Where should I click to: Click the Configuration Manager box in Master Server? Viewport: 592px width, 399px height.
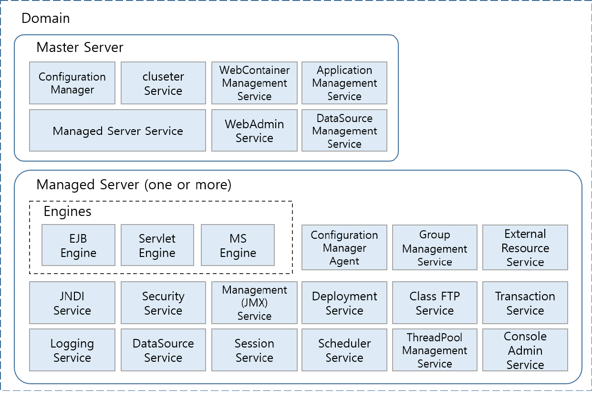[x=72, y=83]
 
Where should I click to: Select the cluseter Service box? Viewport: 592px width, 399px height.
[x=163, y=83]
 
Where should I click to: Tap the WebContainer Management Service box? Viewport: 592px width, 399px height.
[x=254, y=83]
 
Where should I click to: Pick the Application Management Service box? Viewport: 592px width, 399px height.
[x=344, y=83]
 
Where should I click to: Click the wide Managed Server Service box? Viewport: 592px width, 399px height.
[x=118, y=131]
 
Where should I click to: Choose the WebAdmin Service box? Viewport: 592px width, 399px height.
[x=254, y=131]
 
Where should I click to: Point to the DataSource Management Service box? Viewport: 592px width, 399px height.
[x=344, y=131]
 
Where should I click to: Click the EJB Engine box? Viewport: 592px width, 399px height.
[x=78, y=246]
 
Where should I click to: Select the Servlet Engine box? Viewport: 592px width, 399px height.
[x=157, y=246]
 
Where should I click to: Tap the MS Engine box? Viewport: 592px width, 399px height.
[x=238, y=246]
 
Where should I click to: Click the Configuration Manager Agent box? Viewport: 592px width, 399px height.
[x=344, y=248]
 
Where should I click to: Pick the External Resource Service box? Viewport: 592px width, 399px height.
[x=525, y=248]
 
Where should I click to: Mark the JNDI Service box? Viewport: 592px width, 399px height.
[x=72, y=303]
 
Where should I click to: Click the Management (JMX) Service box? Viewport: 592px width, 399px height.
[x=254, y=303]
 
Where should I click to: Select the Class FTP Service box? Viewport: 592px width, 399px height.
[x=435, y=303]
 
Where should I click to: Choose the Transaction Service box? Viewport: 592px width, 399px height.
[x=525, y=303]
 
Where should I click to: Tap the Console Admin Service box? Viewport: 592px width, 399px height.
[x=525, y=350]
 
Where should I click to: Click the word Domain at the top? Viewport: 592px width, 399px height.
[x=46, y=19]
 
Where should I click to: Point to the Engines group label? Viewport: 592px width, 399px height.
[x=67, y=211]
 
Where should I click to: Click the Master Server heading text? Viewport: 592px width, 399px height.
[x=80, y=48]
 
